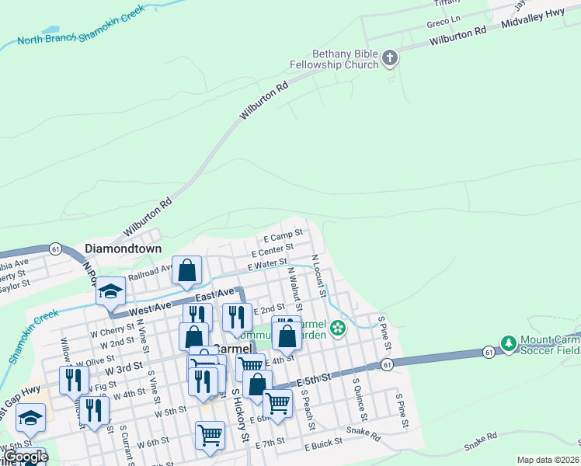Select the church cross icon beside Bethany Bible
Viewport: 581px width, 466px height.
pyautogui.click(x=390, y=58)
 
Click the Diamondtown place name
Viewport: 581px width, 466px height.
pyautogui.click(x=123, y=249)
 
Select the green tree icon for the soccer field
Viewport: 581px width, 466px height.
pyautogui.click(x=508, y=342)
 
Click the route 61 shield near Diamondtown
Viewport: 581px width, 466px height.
pyautogui.click(x=54, y=249)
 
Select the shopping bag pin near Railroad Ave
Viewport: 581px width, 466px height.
pyautogui.click(x=187, y=270)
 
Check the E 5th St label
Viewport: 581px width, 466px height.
pyautogui.click(x=314, y=379)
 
